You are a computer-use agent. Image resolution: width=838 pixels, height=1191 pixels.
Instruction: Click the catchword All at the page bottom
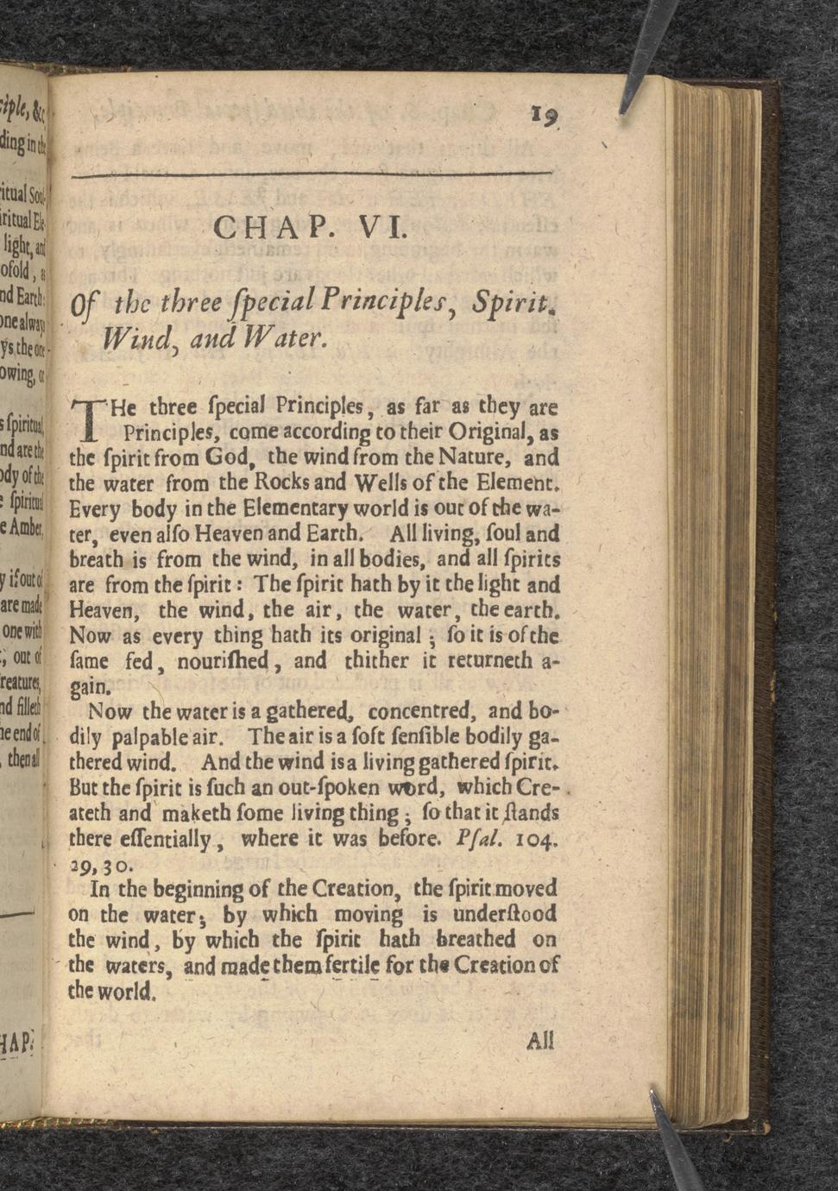(x=539, y=1040)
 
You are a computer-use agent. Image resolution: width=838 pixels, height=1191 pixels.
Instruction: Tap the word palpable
(x=161, y=739)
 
